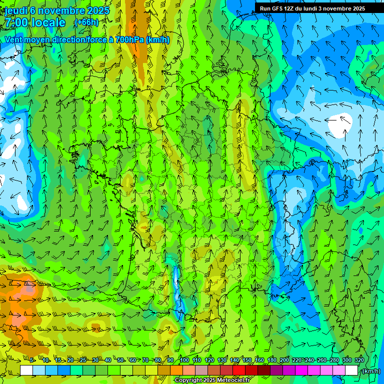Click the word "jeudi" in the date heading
[x=16, y=10]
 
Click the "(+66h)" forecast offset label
[x=86, y=22]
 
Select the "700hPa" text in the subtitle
[x=129, y=39]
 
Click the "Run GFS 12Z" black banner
[x=312, y=8]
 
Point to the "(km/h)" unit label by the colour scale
[x=370, y=371]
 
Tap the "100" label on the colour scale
[x=184, y=360]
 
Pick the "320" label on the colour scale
[x=359, y=360]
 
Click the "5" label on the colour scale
[x=31, y=360]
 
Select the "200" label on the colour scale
[x=284, y=360]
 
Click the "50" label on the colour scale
[x=120, y=360]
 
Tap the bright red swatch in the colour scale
[x=239, y=370]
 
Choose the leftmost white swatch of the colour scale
[x=26, y=370]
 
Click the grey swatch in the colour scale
[x=201, y=370]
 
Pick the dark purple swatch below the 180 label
[x=276, y=370]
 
